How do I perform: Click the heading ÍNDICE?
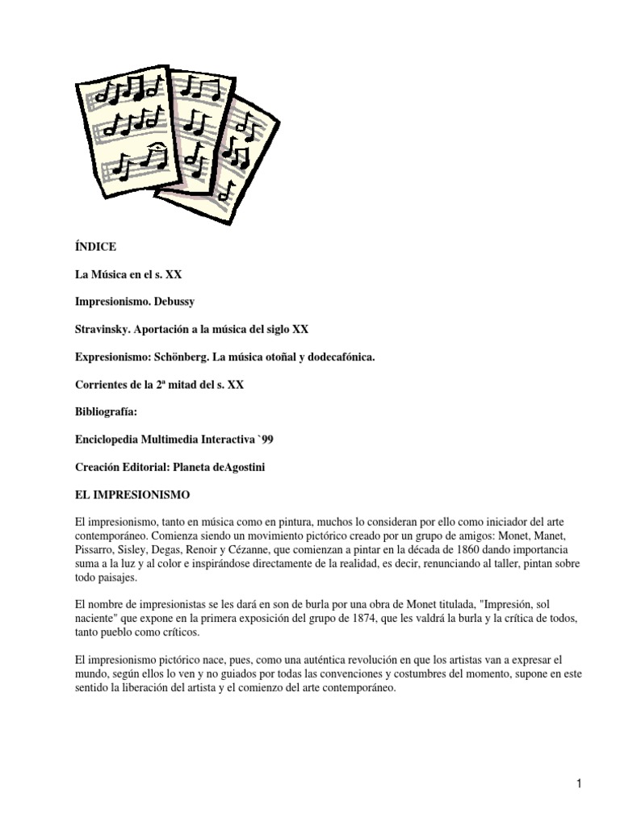click(x=95, y=247)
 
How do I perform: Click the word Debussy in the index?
click(x=171, y=302)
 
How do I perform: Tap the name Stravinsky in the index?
click(x=104, y=329)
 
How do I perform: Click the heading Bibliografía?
click(x=106, y=411)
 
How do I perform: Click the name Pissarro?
click(x=95, y=549)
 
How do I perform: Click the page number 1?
click(x=580, y=783)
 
